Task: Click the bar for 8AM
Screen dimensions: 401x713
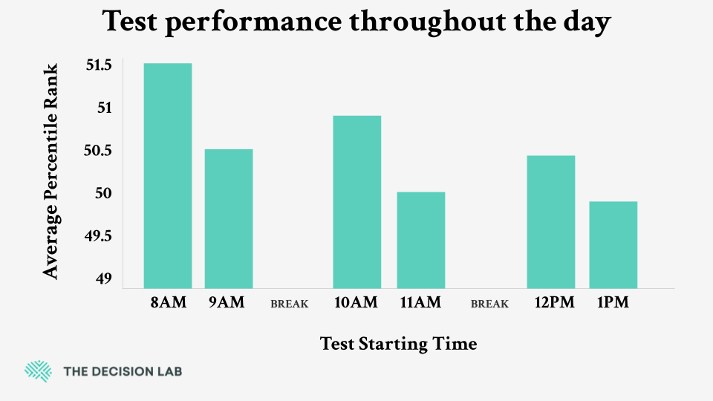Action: coord(168,175)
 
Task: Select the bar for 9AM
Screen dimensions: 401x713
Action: coord(229,218)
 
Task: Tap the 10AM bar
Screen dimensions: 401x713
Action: coord(357,201)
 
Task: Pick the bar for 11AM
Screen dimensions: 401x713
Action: coord(421,240)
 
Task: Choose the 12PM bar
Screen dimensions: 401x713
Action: coord(551,221)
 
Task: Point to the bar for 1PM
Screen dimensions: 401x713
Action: coord(613,244)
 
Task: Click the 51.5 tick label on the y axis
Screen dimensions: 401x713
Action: coord(99,65)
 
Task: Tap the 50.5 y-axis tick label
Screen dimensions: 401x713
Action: coord(99,151)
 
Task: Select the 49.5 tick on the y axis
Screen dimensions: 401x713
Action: coord(99,236)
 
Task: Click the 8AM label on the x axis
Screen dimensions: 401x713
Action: coord(167,303)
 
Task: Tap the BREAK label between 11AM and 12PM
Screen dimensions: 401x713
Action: coord(489,304)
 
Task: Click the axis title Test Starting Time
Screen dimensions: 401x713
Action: coord(398,344)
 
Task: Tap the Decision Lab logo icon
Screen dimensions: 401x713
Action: coord(37,371)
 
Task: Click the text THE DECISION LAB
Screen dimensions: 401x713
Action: coord(123,371)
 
